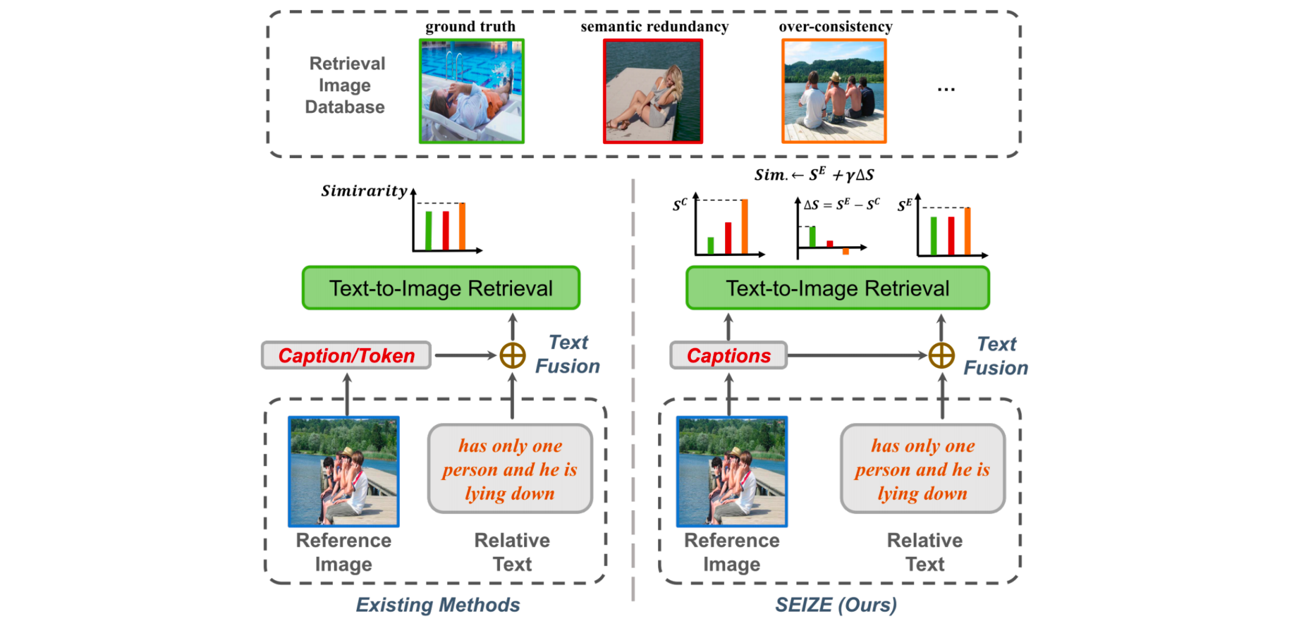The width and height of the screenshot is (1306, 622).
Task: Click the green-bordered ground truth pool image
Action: [471, 91]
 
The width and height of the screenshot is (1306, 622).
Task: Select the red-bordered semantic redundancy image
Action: [652, 91]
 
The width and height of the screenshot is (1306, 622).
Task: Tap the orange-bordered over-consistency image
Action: [833, 91]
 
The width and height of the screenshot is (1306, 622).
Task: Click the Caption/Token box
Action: [346, 356]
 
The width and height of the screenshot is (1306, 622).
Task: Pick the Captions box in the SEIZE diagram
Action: [728, 356]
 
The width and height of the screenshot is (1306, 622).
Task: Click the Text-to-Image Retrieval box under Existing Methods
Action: [440, 288]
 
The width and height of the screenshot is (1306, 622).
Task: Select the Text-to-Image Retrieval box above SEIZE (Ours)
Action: [837, 288]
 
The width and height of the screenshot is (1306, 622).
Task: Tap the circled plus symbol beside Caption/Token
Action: [512, 356]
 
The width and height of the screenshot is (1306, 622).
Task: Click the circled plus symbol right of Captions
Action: [941, 356]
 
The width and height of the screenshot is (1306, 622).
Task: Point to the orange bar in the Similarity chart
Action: [462, 226]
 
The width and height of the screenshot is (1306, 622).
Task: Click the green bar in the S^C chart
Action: [711, 245]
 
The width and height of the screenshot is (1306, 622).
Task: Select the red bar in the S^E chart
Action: [951, 235]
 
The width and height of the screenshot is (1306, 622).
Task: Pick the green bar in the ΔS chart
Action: [812, 237]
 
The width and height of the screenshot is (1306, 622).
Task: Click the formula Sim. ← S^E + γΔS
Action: [814, 175]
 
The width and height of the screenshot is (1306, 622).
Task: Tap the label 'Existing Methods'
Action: [438, 605]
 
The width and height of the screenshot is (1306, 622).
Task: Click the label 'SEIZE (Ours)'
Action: [836, 605]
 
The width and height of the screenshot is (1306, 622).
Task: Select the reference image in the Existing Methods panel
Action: [343, 471]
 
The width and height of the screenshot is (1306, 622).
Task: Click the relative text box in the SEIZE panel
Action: [922, 469]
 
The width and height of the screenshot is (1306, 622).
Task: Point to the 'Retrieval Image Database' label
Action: [346, 85]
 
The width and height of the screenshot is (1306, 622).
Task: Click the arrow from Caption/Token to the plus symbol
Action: [464, 356]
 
